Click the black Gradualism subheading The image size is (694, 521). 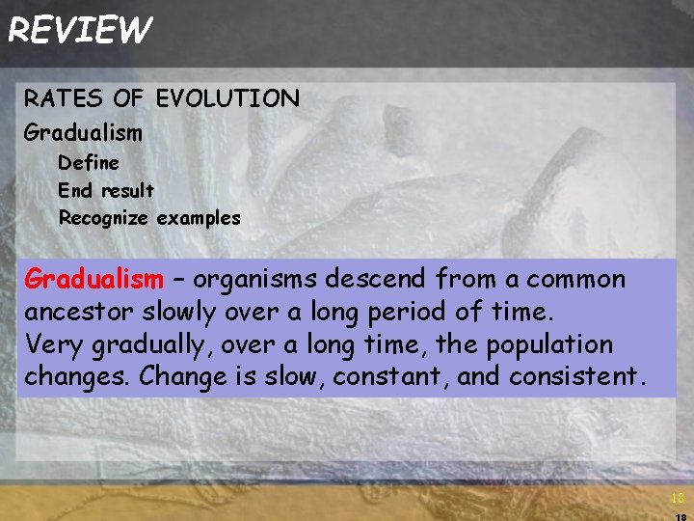83,131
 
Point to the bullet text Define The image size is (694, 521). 89,162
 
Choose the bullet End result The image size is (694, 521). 106,190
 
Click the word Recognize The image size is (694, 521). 103,218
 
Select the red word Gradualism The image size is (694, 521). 93,280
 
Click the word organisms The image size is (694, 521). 259,280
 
